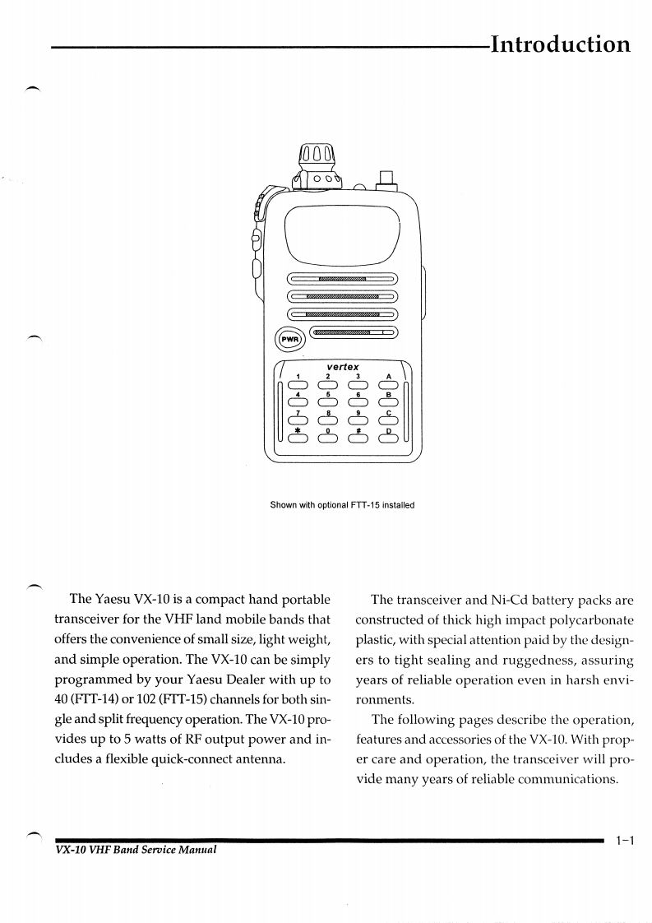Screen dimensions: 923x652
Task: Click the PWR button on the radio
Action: [x=289, y=338]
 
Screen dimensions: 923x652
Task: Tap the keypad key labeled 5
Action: [x=327, y=402]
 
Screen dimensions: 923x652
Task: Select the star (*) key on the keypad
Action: [x=297, y=438]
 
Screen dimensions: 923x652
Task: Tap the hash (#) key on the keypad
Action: [x=358, y=438]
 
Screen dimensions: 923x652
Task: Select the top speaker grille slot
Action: [x=341, y=279]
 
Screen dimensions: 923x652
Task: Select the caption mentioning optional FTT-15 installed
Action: [x=342, y=505]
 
